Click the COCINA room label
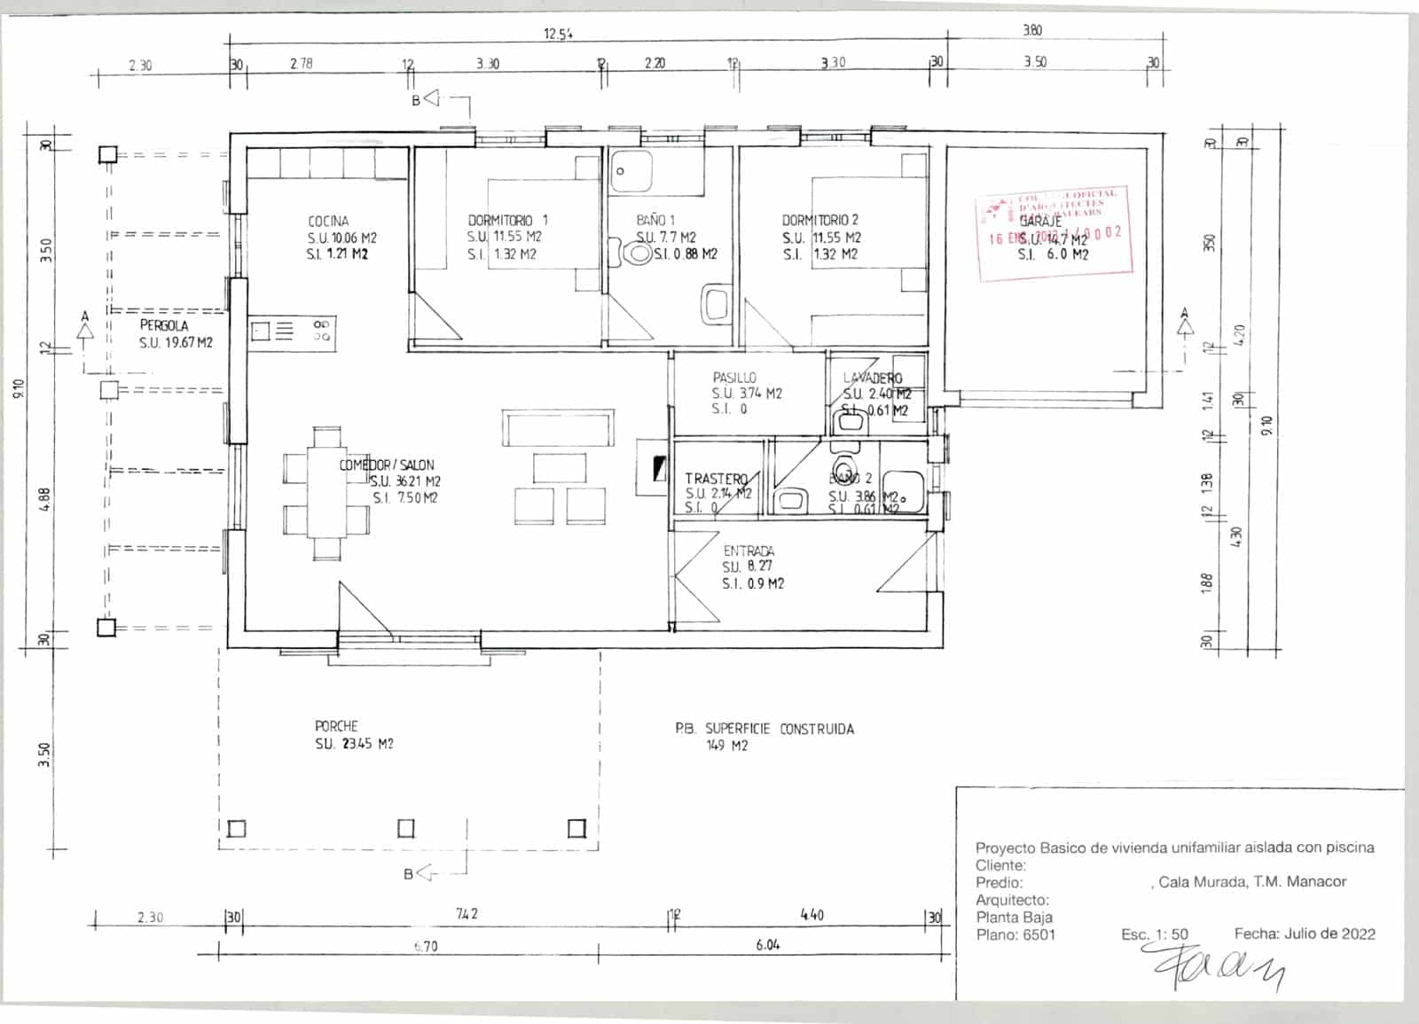pos(328,221)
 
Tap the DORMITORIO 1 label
pos(507,220)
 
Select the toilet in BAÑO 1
pos(638,254)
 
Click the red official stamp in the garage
pos(1054,234)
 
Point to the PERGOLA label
pos(163,325)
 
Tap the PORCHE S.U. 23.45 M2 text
pos(354,744)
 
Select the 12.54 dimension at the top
pos(558,35)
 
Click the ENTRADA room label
pos(749,551)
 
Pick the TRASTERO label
pos(716,479)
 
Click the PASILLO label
pos(734,378)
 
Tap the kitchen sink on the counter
pos(261,332)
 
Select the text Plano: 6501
pos(1015,934)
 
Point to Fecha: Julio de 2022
pos(1304,934)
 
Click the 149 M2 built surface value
pos(726,746)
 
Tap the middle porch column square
pos(406,828)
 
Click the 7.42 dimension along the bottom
pos(466,913)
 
